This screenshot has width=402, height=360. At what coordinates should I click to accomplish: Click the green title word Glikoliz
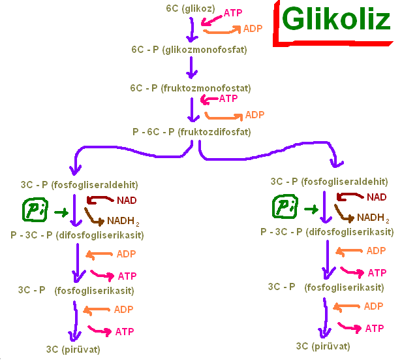(336, 19)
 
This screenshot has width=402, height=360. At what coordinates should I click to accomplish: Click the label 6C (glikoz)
(191, 8)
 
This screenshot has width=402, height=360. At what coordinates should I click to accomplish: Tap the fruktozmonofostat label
(207, 88)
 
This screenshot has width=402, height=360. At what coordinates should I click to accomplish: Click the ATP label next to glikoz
(233, 13)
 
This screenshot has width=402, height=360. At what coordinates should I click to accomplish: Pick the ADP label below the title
(253, 29)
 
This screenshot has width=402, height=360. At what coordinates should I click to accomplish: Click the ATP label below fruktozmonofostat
(228, 99)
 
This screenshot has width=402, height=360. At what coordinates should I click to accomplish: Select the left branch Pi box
(35, 210)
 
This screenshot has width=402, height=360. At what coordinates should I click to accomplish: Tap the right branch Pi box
(285, 206)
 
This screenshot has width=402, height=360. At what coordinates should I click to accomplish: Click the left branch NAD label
(127, 201)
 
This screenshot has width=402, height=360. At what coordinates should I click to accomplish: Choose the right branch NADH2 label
(373, 218)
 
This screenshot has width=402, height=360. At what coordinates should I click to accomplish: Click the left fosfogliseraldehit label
(95, 185)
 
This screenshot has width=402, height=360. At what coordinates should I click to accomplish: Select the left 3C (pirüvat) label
(73, 350)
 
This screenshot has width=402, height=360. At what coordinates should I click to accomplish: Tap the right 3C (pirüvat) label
(323, 346)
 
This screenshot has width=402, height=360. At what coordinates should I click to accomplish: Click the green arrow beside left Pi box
(61, 212)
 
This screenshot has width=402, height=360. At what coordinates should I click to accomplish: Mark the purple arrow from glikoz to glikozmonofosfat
(192, 30)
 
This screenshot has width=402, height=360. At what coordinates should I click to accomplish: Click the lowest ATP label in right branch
(375, 329)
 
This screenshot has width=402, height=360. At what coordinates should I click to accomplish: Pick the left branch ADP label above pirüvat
(123, 310)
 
